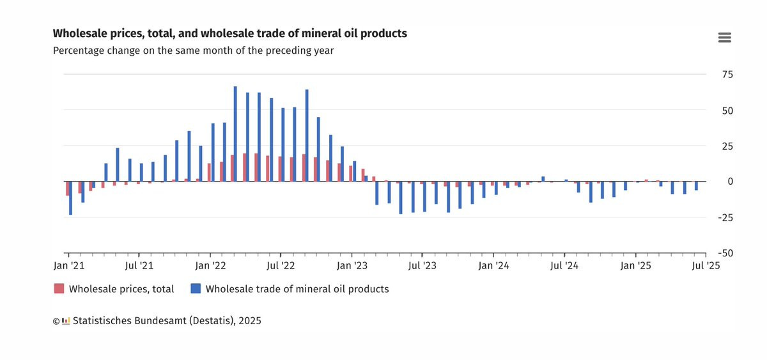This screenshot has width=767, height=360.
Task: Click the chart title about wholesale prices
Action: click(x=229, y=33)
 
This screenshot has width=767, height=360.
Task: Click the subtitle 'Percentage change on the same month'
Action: click(x=193, y=51)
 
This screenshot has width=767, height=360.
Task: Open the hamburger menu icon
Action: click(x=724, y=38)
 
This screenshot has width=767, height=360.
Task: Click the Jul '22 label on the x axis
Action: click(x=280, y=265)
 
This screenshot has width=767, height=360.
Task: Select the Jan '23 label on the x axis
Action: click(x=352, y=265)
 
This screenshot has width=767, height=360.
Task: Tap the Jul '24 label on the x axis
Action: click(x=564, y=265)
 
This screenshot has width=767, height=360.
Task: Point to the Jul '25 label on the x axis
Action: click(x=706, y=265)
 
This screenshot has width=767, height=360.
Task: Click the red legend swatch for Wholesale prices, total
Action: click(x=59, y=289)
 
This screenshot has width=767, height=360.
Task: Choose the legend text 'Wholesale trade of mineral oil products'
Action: click(x=297, y=289)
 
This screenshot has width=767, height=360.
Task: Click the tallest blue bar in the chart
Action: click(x=235, y=134)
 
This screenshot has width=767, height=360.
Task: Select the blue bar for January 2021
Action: click(x=70, y=198)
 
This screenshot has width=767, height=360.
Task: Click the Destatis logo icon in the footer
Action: click(x=66, y=321)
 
